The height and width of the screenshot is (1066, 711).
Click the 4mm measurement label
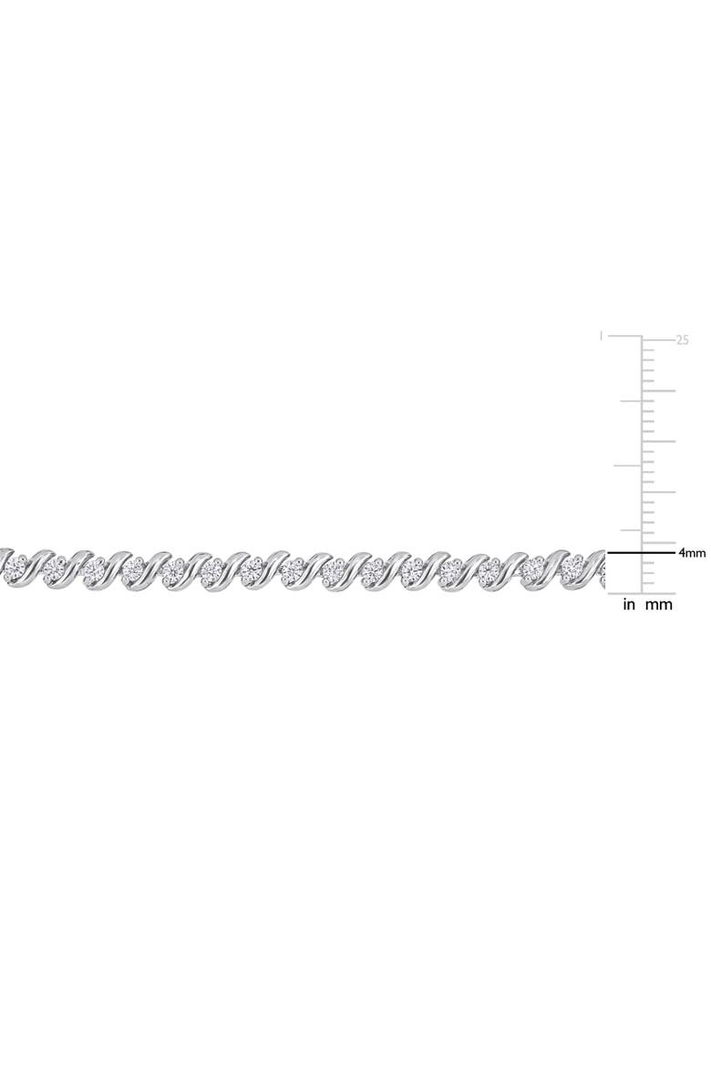[691, 553]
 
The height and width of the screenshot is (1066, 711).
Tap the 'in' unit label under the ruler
[629, 604]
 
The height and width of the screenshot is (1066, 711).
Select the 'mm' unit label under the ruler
[658, 604]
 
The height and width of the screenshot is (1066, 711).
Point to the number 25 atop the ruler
[683, 340]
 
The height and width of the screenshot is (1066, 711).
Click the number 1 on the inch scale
[601, 336]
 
